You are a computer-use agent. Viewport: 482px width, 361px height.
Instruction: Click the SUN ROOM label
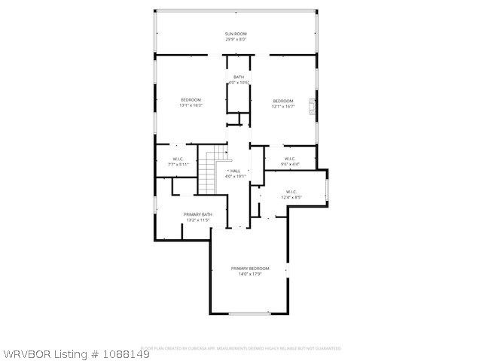[236, 34]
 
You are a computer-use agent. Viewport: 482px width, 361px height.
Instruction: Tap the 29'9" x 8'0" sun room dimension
[236, 39]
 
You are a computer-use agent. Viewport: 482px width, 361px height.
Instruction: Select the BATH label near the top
[239, 77]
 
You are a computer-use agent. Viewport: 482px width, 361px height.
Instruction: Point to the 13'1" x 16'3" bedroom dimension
[191, 105]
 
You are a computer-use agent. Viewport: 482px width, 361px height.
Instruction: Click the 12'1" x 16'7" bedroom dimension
[283, 106]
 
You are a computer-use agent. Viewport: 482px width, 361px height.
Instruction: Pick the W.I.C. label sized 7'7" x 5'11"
[178, 159]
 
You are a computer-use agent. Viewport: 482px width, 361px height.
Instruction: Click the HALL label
[235, 171]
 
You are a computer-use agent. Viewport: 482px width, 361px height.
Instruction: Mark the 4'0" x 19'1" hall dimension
[235, 177]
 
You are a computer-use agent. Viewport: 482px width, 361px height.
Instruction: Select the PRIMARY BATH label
[197, 214]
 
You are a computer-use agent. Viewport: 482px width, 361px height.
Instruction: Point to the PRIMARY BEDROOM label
[250, 268]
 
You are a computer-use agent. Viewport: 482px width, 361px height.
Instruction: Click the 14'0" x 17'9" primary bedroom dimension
[250, 274]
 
